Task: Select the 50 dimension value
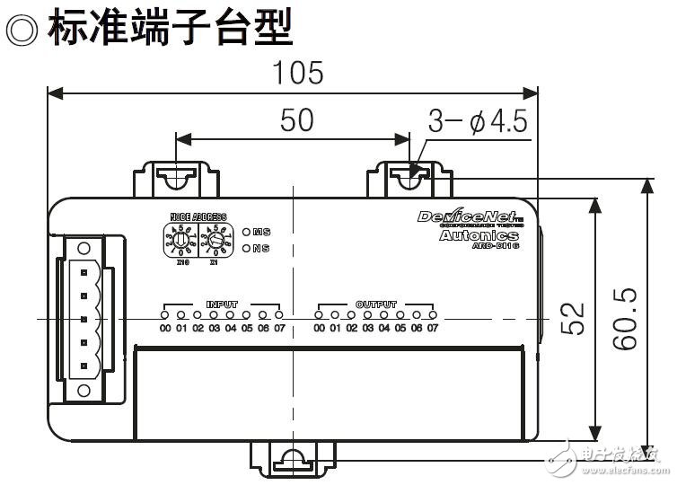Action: (x=297, y=120)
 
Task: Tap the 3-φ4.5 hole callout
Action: (x=477, y=121)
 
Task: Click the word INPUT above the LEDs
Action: (x=222, y=304)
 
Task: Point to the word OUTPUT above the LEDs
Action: (x=375, y=304)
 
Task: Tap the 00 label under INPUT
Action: (x=165, y=329)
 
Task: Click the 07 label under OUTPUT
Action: (x=433, y=329)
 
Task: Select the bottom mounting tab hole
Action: (x=292, y=459)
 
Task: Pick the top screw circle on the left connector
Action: (x=86, y=245)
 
